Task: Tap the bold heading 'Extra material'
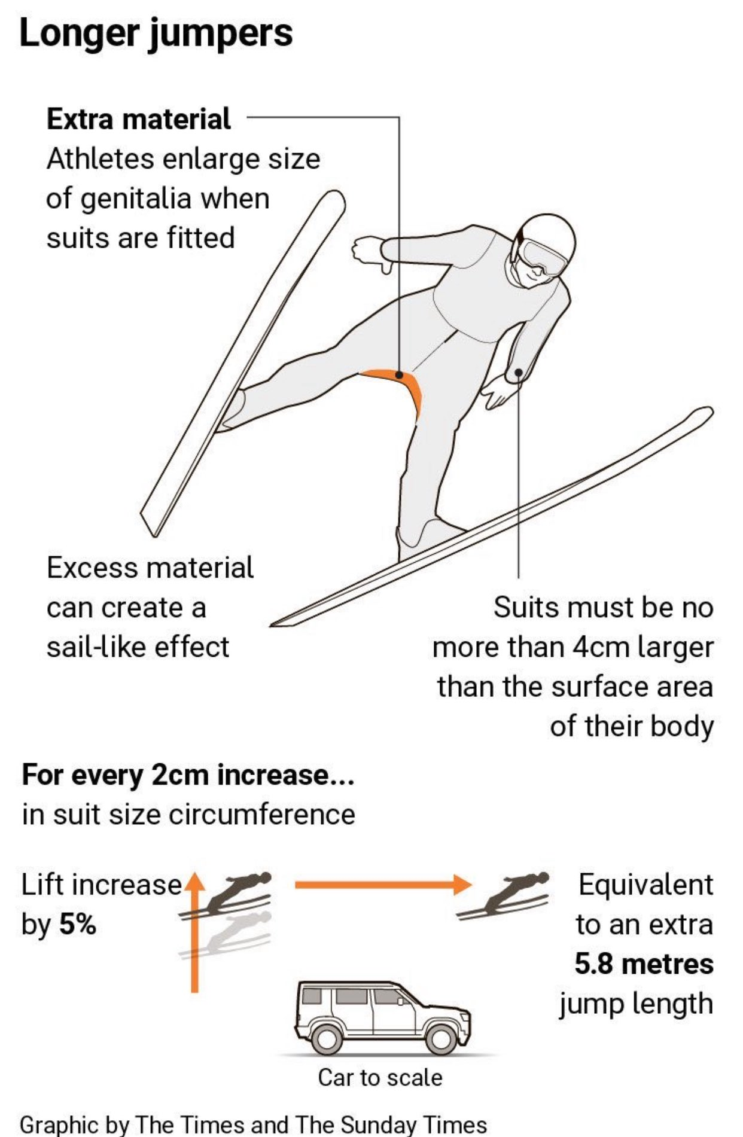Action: (138, 118)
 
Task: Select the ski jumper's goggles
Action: (541, 255)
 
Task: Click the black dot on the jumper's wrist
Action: (518, 372)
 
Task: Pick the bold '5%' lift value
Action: (78, 925)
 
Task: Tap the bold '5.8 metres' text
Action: (644, 964)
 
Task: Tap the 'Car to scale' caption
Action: (380, 1077)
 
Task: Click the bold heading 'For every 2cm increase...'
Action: (188, 775)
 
